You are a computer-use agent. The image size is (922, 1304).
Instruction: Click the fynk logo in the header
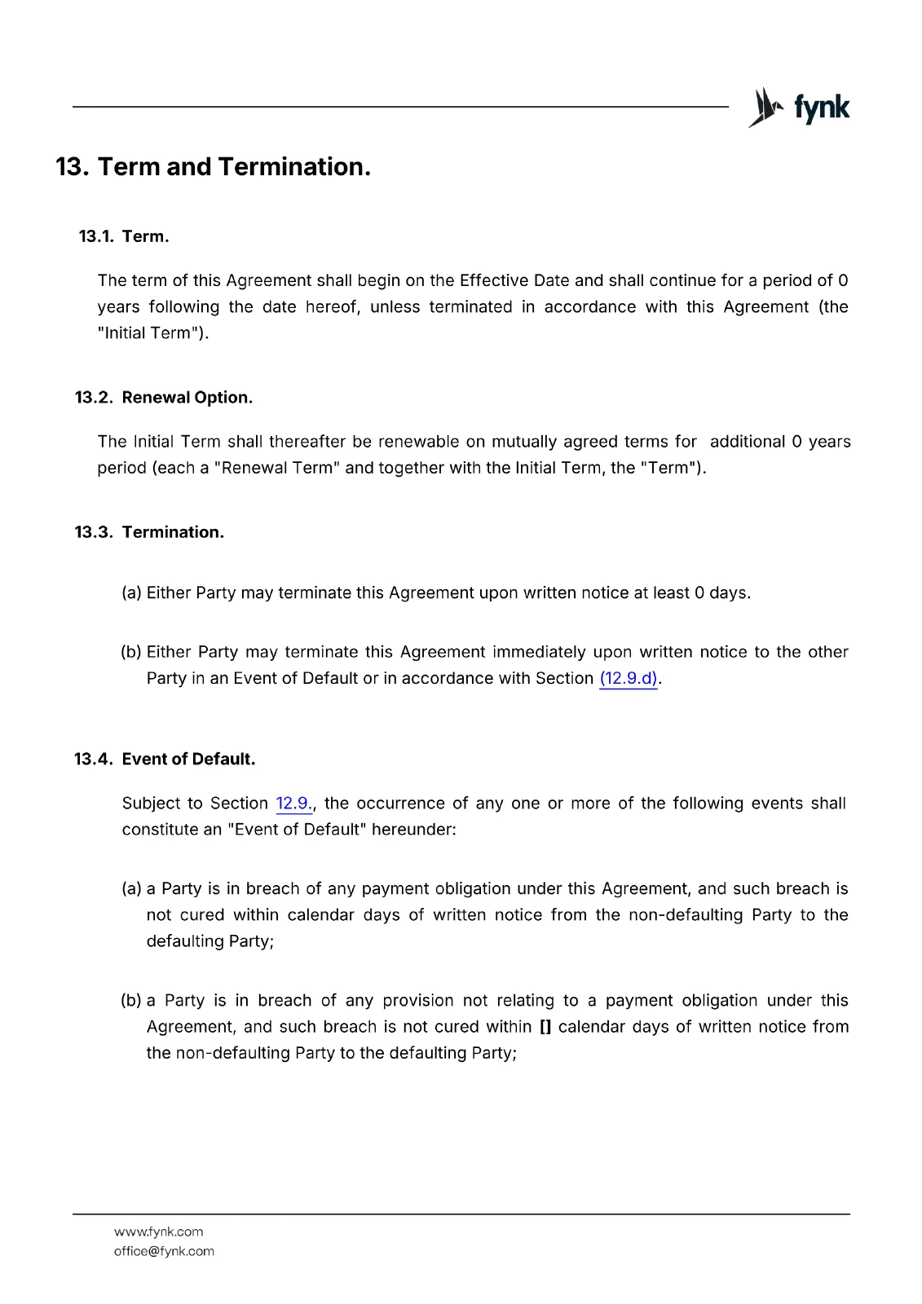799,108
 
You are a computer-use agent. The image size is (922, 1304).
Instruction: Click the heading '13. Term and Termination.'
214,167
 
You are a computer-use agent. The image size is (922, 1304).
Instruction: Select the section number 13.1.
95,236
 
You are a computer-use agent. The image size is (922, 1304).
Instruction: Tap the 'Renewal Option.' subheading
187,398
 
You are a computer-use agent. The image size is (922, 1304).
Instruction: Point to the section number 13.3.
93,532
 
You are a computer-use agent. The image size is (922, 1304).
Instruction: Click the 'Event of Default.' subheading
188,760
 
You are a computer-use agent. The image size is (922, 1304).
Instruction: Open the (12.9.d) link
629,679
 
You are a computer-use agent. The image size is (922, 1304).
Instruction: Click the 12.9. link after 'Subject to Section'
293,804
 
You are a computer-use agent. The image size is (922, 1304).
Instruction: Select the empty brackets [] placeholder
545,1027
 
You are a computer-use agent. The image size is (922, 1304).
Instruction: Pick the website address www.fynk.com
158,1232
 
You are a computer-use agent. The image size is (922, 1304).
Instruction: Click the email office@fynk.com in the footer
164,1252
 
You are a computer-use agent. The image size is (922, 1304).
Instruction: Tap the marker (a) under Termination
131,593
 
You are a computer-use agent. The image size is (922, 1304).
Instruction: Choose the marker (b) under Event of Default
131,1001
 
